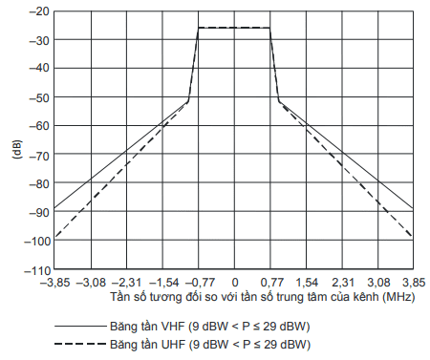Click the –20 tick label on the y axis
[39, 11]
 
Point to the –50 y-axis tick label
[39, 97]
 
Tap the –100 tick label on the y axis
[37, 242]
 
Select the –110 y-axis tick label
[37, 270]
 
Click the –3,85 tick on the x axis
[54, 283]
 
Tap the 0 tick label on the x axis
[235, 283]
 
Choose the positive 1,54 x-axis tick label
[307, 283]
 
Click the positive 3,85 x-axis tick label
[414, 283]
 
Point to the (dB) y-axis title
[17, 149]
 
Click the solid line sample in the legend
[80, 326]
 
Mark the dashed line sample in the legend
[80, 344]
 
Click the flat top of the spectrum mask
[234, 28]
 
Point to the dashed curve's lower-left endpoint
[54, 238]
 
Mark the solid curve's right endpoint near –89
[413, 208]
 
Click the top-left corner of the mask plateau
[199, 28]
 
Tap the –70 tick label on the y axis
[39, 157]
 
